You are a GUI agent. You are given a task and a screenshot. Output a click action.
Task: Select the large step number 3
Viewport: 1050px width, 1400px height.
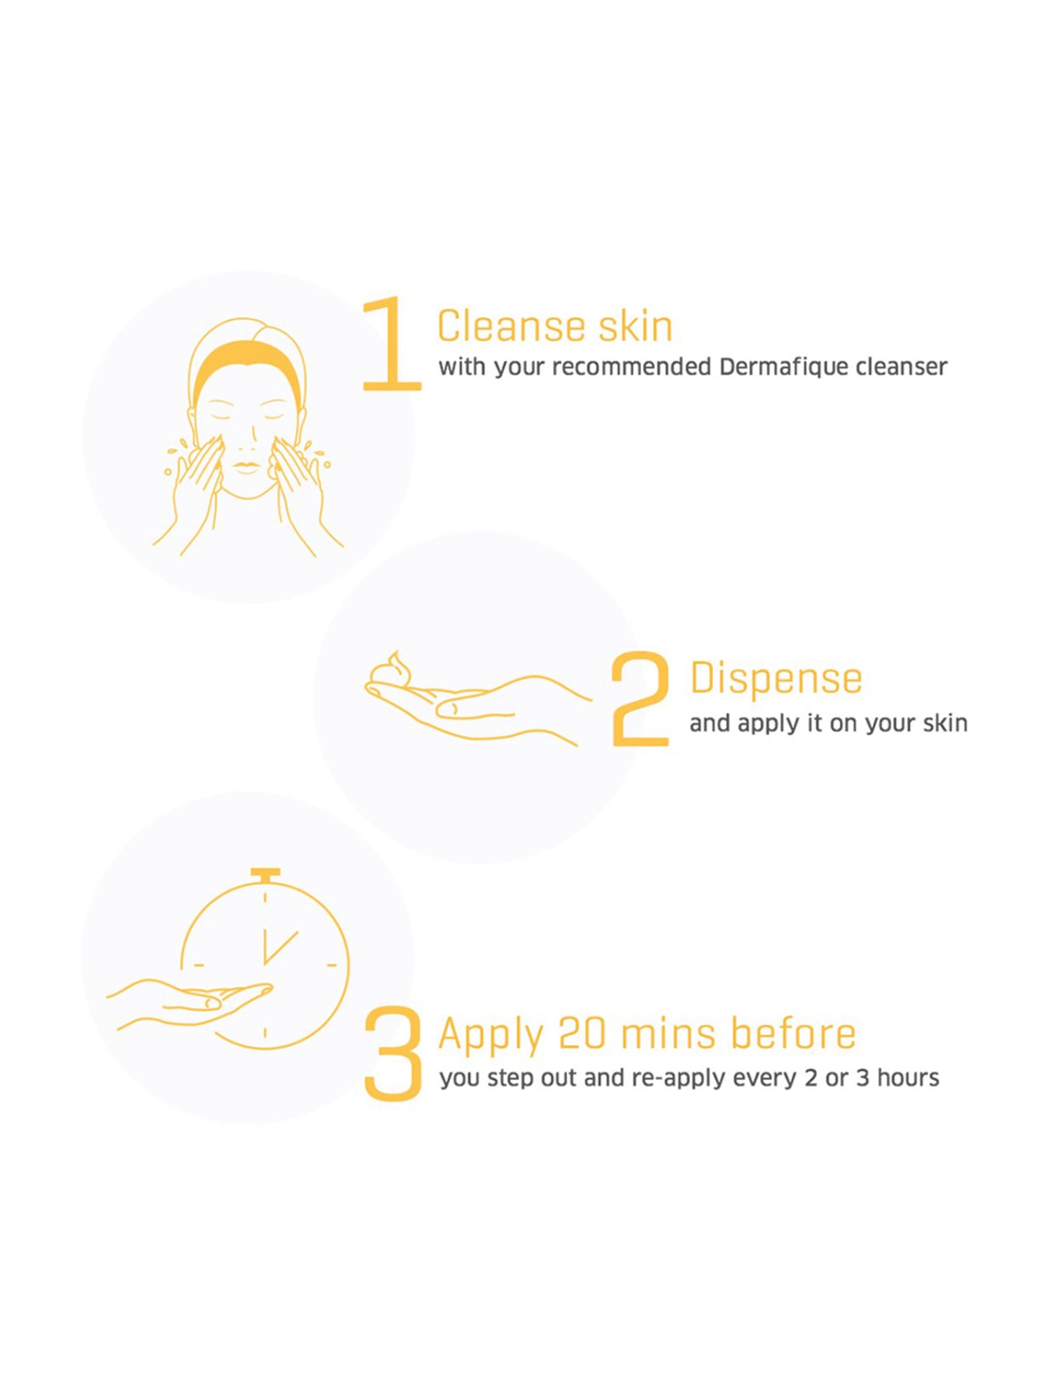[393, 1053]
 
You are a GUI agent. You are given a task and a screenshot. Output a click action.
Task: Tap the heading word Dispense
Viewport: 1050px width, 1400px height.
[776, 679]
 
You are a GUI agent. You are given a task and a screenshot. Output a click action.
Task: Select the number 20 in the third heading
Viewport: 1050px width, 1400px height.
[582, 1034]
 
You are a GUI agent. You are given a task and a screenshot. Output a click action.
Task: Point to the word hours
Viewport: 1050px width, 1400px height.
[908, 1078]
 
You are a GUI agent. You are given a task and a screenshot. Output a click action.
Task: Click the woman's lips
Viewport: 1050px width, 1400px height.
[246, 467]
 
